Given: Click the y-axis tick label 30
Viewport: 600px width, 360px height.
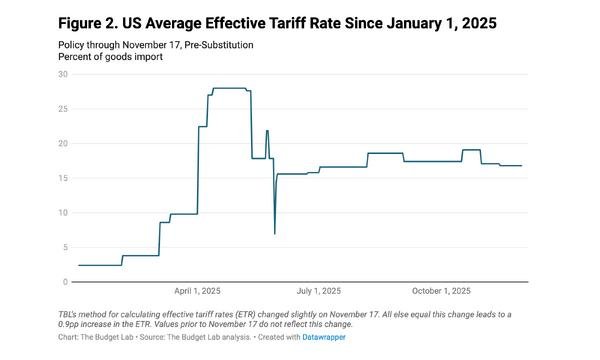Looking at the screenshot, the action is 63,74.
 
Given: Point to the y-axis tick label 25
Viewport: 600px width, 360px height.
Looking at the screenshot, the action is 63,109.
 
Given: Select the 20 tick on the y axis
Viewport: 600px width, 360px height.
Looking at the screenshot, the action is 63,143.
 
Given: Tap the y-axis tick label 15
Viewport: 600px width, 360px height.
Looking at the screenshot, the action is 63,178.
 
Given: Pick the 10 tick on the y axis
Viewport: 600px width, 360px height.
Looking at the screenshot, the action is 63,213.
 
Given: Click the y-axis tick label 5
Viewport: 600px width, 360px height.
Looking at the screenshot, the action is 65,248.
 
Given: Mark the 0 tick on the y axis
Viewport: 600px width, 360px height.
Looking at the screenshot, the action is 65,282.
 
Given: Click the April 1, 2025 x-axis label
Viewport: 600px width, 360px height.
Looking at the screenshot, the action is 197,291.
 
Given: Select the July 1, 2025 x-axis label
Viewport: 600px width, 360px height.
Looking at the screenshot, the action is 319,291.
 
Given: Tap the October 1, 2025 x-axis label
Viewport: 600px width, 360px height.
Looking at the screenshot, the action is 441,291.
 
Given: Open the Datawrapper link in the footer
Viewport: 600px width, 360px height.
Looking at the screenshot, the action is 324,337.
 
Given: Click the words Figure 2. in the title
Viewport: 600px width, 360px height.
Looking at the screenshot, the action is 88,23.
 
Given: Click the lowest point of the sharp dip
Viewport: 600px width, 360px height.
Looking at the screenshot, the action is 275,234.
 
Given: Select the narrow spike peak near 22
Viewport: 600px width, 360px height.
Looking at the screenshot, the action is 267,131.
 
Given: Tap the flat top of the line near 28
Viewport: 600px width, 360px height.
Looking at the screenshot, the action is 230,88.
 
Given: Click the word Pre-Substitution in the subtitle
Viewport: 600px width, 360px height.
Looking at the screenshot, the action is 218,45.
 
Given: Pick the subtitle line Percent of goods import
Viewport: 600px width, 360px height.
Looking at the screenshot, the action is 110,57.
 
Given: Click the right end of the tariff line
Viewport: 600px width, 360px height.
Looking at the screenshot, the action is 522,166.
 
